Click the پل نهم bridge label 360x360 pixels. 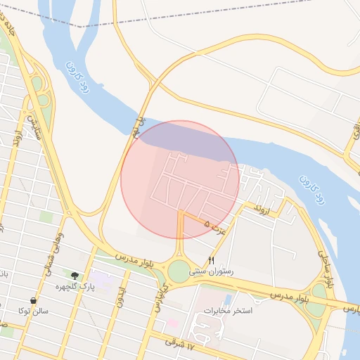click(140, 127)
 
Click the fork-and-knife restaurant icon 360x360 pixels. click(212, 260)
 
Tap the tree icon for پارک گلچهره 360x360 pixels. click(75, 275)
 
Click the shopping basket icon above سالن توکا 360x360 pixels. click(33, 300)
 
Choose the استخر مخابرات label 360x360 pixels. click(227, 310)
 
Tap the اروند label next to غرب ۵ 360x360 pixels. click(262, 209)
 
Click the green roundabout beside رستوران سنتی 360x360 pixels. click(179, 269)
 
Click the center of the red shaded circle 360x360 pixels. click(180, 179)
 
